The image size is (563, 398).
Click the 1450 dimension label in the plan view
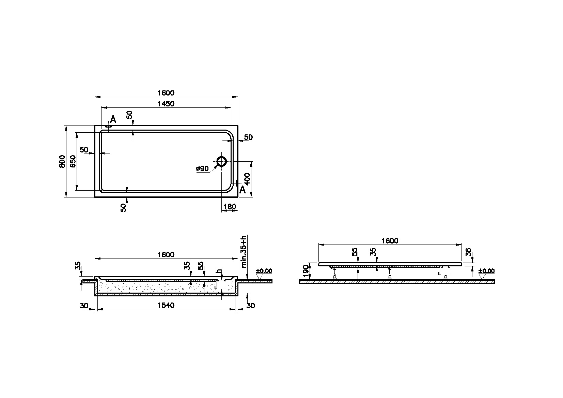(166, 104)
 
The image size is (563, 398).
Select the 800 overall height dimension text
(62, 161)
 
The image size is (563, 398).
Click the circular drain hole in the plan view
(222, 161)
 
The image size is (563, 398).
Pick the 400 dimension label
(247, 179)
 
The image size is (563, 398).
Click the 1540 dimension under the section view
(166, 306)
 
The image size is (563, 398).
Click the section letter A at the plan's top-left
(113, 119)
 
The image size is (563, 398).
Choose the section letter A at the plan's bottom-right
(242, 190)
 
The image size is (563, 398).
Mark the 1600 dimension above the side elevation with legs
(390, 241)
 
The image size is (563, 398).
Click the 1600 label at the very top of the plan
(166, 93)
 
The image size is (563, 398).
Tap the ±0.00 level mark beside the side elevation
(486, 271)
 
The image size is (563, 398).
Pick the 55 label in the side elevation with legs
(355, 252)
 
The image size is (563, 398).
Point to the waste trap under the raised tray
(445, 271)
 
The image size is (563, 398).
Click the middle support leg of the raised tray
(390, 273)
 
